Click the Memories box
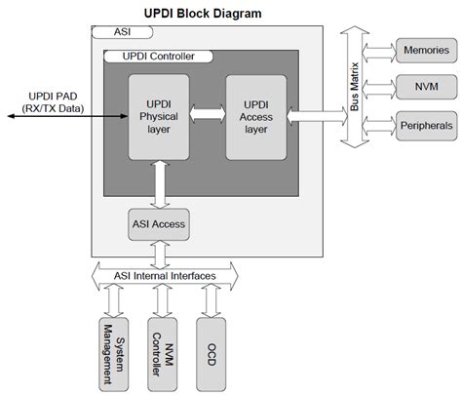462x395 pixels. click(425, 49)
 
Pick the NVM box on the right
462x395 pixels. click(425, 87)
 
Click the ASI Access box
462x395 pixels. click(158, 224)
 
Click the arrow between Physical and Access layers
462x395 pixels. click(207, 115)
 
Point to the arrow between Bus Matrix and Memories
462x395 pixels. click(378, 49)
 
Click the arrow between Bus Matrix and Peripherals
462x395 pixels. click(378, 125)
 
